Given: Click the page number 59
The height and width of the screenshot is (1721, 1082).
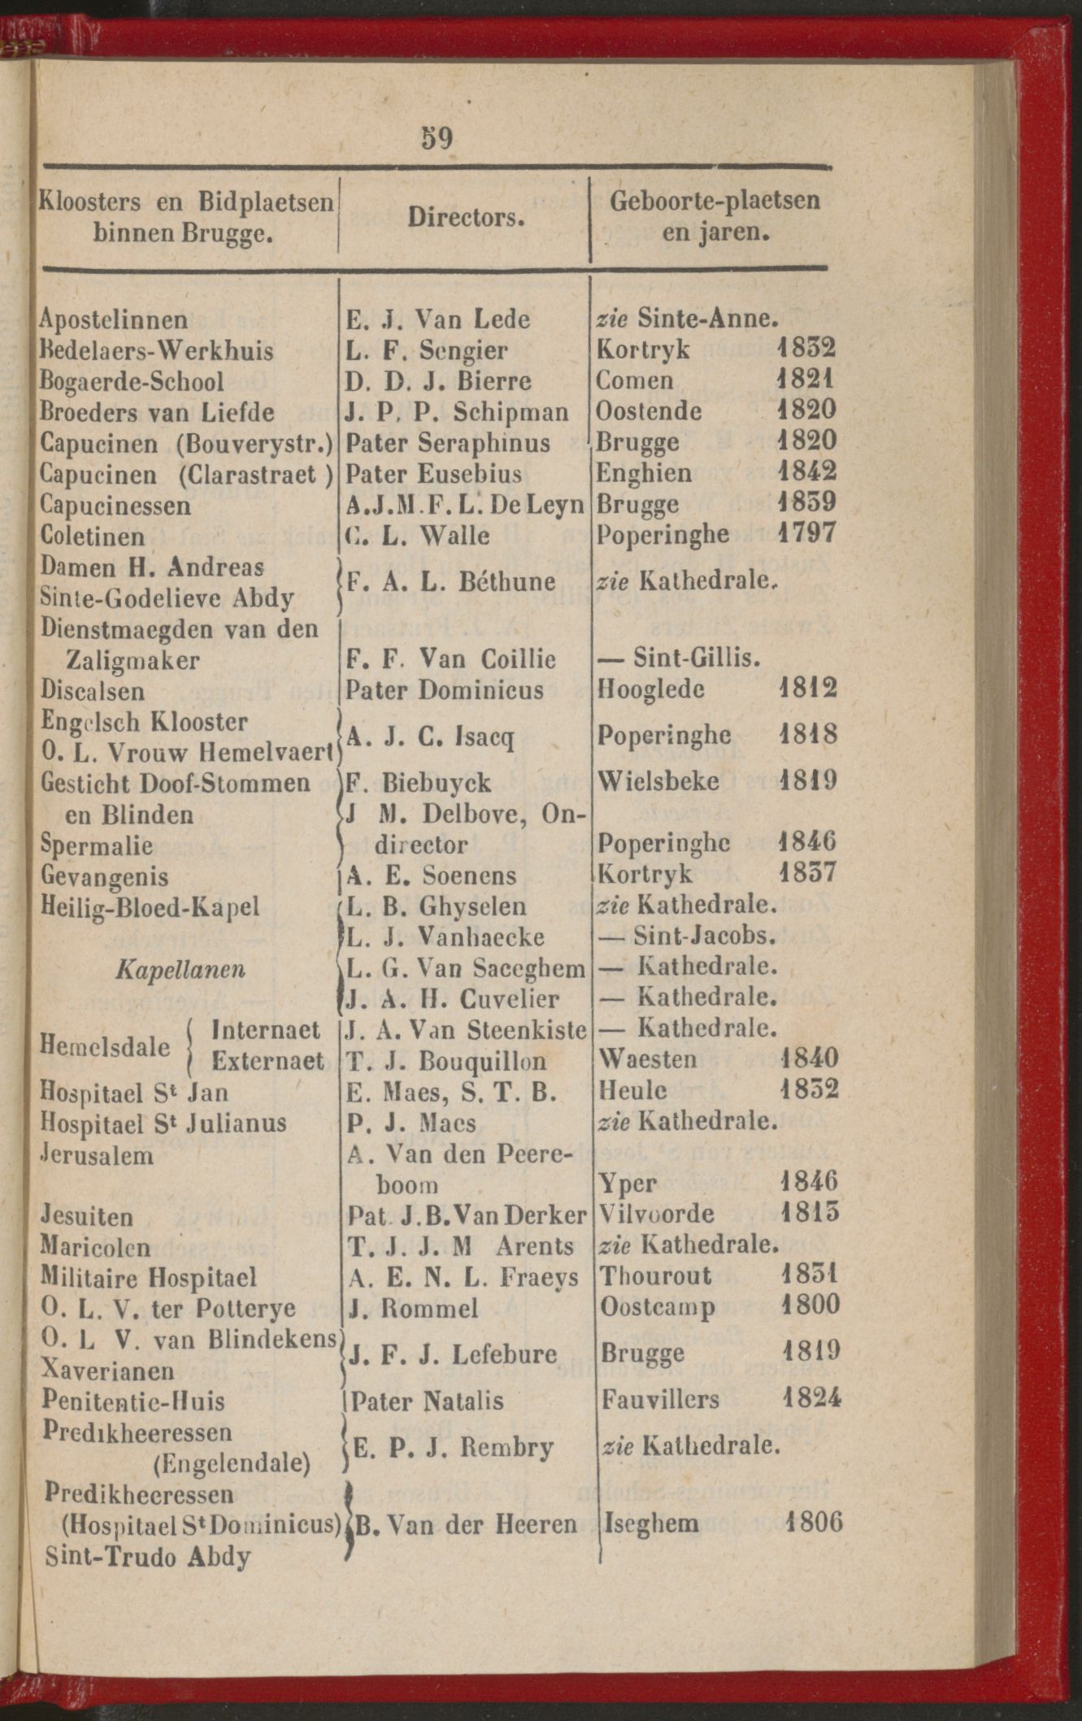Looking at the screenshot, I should (x=437, y=138).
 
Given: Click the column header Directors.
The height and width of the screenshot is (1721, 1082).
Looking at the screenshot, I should (x=466, y=217).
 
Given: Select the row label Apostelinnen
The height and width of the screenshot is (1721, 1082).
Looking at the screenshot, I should (x=114, y=319).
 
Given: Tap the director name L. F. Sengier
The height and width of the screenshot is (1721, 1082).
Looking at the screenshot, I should (x=427, y=350).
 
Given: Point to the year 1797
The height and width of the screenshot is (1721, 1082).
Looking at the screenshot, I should (x=806, y=534).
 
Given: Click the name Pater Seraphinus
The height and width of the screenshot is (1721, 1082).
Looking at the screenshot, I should (x=448, y=443).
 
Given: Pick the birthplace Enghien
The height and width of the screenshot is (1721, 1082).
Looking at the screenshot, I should (x=644, y=472).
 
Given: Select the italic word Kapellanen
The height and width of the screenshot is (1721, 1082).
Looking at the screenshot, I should (x=180, y=969).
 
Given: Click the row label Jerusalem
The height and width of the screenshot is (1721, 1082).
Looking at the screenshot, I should (x=97, y=1154).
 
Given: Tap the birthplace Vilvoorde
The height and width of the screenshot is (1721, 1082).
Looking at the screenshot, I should (x=657, y=1215).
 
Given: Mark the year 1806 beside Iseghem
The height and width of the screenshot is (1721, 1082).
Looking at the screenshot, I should (x=814, y=1521).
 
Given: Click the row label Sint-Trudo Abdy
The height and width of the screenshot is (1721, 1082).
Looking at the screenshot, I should (x=147, y=1556).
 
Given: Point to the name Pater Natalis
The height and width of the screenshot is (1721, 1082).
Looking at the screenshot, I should (x=428, y=1401).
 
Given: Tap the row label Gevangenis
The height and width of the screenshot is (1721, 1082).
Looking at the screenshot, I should (x=104, y=877).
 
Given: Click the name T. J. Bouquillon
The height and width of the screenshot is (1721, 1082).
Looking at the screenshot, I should (x=446, y=1061).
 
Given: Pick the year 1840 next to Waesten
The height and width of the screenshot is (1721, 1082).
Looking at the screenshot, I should (x=809, y=1058).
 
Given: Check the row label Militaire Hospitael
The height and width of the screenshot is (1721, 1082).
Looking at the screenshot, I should (x=149, y=1277).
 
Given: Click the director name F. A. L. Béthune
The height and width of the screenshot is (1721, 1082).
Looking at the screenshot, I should (x=450, y=582).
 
